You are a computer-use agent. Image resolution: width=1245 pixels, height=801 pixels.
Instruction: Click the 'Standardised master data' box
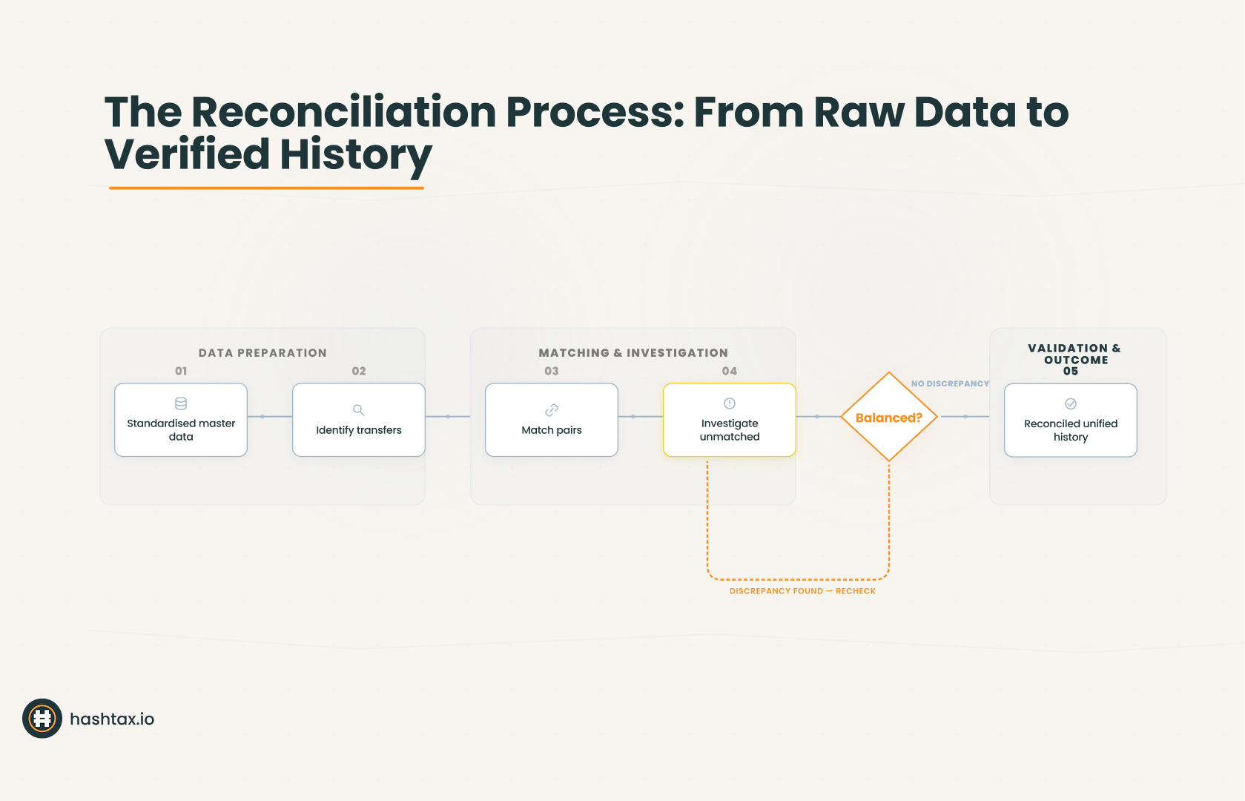pos(181,420)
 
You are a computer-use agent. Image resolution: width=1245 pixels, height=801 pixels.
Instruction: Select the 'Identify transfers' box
pos(359,420)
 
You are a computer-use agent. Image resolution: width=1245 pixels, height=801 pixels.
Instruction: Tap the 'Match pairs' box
pos(552,420)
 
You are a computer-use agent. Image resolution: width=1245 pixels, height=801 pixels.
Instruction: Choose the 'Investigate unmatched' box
pos(730,420)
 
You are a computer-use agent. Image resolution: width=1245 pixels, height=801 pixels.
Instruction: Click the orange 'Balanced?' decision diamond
pos(889,417)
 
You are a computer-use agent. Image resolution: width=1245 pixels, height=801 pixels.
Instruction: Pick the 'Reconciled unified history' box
pos(1071,421)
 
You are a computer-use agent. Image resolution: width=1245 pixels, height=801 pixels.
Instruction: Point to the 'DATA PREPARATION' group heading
pos(262,353)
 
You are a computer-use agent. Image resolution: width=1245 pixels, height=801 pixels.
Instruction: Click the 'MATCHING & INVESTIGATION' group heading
pos(633,353)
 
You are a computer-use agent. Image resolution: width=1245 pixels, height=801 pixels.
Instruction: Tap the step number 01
pos(181,371)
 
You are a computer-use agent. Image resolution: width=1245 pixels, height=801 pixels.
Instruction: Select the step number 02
pos(359,371)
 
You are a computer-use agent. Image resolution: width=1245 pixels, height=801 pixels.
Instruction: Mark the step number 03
pos(552,371)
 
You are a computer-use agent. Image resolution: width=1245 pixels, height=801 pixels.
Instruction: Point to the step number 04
pos(730,371)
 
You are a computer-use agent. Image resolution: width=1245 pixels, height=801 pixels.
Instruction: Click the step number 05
pos(1071,372)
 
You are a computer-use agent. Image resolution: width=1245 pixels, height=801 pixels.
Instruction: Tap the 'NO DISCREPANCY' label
pos(950,383)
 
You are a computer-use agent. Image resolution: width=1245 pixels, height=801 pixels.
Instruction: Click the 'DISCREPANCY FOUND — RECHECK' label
pos(802,591)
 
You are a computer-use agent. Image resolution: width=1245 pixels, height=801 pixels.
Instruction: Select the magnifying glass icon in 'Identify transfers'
pos(359,410)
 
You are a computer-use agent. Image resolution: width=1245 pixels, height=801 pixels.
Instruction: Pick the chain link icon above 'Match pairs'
pos(552,410)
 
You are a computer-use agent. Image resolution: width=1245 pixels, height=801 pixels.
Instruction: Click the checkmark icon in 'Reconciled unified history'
pos(1071,404)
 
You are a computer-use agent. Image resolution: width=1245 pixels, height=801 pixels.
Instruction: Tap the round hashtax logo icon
pos(42,719)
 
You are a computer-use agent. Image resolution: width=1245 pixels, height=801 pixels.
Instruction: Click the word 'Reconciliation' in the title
pos(343,112)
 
